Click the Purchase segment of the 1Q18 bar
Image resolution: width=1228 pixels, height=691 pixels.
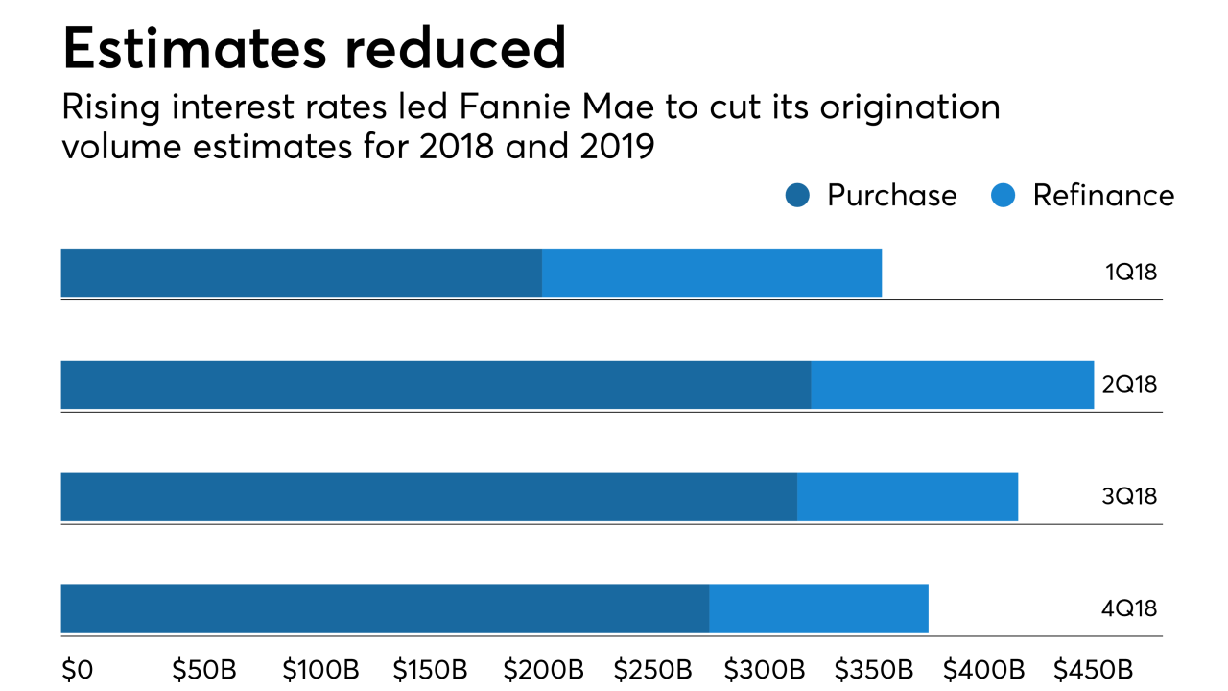(301, 273)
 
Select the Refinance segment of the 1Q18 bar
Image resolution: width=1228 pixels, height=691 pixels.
(712, 273)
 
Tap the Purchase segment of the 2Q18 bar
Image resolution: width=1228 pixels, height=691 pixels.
(436, 385)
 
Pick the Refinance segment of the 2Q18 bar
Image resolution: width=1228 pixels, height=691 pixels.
(952, 385)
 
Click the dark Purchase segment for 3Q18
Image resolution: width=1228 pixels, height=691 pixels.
(429, 497)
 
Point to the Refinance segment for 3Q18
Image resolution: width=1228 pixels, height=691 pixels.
(907, 497)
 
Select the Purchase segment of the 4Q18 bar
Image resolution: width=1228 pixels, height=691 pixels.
(385, 608)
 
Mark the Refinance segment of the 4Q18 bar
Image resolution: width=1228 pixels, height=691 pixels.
(818, 608)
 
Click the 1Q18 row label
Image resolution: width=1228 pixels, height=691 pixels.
(1131, 273)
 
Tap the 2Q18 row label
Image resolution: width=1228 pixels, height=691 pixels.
(1130, 385)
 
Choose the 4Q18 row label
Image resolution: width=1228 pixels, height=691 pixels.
(1130, 608)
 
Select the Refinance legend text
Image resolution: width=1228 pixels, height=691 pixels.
(1103, 196)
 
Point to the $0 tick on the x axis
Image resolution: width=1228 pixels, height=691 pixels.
(77, 669)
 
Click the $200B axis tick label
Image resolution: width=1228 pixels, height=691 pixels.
(543, 669)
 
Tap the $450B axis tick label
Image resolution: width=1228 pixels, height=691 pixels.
(1093, 669)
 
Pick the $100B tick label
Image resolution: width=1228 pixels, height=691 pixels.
(323, 669)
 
